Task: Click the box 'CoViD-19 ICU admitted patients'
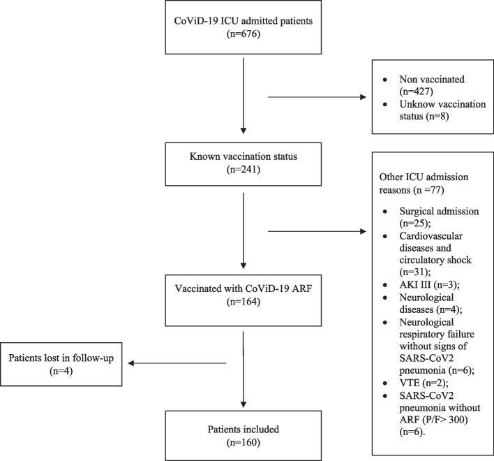point(241,28)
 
